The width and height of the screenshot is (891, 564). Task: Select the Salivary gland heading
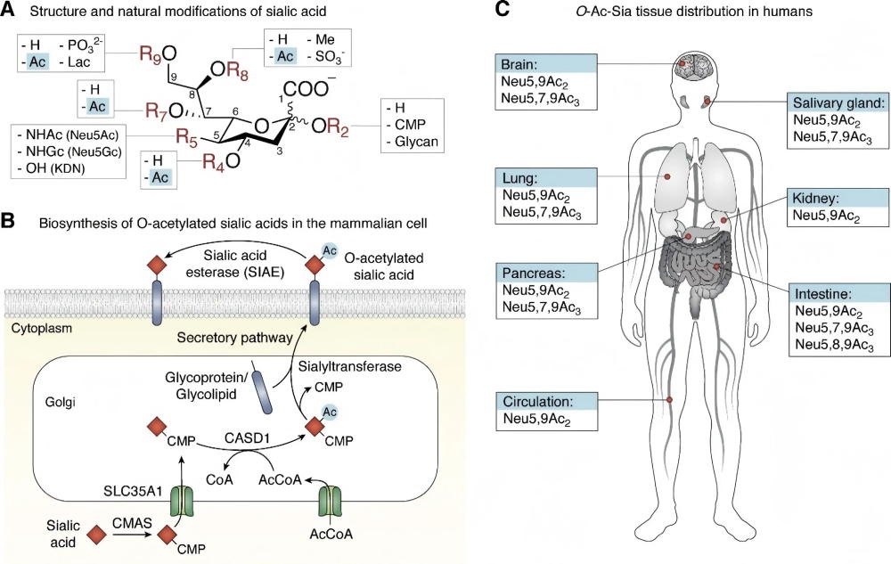point(836,102)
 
